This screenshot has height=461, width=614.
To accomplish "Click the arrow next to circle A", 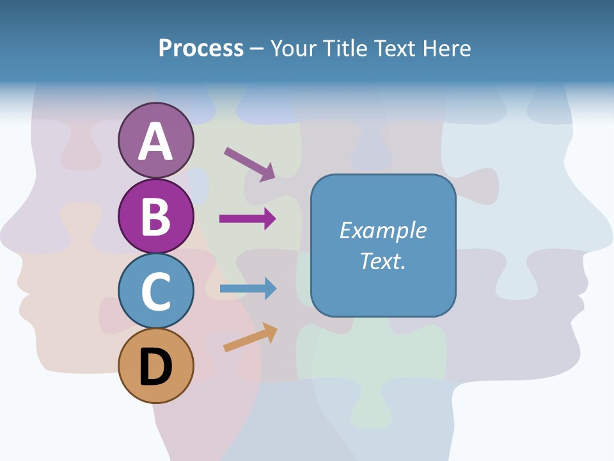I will point(250,164).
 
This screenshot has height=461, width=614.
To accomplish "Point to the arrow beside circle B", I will point(248,219).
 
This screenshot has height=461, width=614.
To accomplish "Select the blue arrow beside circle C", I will point(248,289).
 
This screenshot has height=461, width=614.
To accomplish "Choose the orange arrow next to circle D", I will point(250,338).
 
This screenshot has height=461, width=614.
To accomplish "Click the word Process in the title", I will point(201,48).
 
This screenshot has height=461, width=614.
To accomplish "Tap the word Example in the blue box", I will point(382,230).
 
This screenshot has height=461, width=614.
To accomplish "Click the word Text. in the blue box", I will point(382,261).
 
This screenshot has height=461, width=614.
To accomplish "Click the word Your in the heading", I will point(293,48).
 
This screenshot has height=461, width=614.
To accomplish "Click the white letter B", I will point(155,216).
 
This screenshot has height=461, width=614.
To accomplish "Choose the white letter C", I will point(155,291).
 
